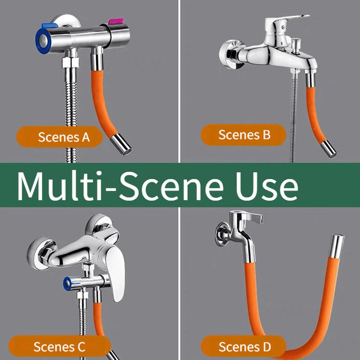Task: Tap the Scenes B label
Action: [x=244, y=135]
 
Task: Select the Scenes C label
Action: [x=59, y=346]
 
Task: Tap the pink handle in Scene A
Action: [x=116, y=21]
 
